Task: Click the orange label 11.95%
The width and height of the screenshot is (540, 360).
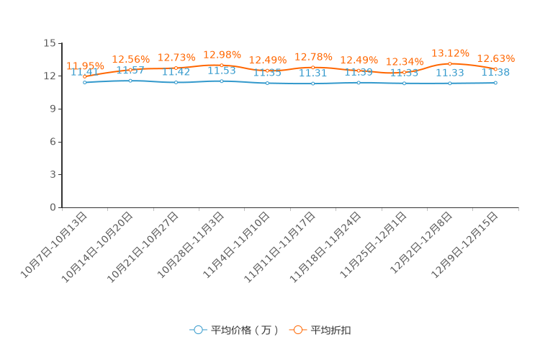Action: pos(85,66)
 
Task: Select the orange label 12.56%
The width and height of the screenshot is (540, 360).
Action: pos(130,60)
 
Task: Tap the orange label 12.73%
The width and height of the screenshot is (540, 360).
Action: pos(176,58)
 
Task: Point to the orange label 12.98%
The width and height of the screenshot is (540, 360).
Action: pos(222,55)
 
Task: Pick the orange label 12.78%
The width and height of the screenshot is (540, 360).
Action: pos(313,57)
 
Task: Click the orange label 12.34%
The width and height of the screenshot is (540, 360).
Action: pos(405,62)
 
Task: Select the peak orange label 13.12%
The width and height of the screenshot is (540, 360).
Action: pos(450,53)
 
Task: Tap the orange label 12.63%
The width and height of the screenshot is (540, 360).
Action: pos(496,58)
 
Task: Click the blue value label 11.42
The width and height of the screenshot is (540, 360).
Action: pos(176,72)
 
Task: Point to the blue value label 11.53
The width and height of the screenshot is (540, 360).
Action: pos(222,71)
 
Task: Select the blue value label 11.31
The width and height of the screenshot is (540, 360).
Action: pos(313,73)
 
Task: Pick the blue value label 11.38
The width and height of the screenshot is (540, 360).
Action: pos(496,73)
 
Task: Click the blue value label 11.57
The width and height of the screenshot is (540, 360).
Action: pos(130,71)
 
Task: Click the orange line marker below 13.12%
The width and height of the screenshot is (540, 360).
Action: pos(450,63)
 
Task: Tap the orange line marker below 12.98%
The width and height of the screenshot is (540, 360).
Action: pos(222,65)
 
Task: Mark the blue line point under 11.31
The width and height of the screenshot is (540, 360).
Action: pos(313,84)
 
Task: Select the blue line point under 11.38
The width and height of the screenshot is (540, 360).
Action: pos(495,83)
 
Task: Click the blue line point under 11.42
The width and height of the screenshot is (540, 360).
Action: pos(176,82)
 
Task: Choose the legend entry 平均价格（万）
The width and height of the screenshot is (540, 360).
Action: pos(235,330)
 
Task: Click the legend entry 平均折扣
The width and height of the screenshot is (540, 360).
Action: pos(321,330)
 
